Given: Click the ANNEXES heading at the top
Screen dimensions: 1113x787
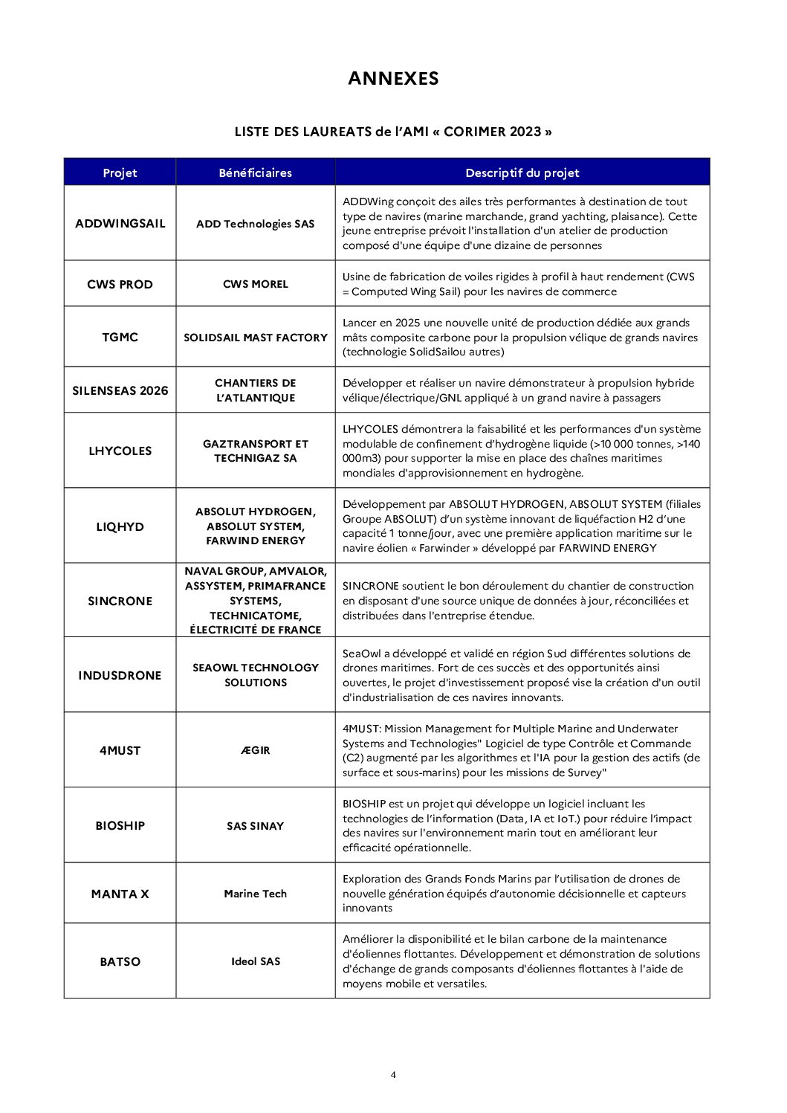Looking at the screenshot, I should click(393, 79).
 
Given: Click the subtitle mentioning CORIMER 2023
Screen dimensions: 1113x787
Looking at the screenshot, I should click(393, 132).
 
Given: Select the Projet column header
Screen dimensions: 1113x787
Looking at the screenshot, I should click(120, 172).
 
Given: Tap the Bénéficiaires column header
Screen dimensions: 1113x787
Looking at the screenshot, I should click(255, 172).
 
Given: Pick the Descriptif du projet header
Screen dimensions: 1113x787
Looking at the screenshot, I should click(522, 172).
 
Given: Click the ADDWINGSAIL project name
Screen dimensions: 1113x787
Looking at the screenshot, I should click(120, 223).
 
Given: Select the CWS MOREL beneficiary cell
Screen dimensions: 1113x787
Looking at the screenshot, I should click(255, 284).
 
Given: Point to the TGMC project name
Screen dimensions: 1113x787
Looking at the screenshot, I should click(120, 337).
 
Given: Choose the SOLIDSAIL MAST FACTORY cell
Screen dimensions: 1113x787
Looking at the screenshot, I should click(255, 338).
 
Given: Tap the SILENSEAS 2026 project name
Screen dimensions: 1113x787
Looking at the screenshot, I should click(120, 390).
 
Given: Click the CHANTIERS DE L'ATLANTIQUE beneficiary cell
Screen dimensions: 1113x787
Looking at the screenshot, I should click(255, 390).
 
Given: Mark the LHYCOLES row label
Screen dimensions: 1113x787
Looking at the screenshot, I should click(120, 451).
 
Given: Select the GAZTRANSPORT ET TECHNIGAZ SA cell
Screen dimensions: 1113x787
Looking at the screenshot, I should click(255, 451).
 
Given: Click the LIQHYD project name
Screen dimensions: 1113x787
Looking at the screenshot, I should click(120, 526).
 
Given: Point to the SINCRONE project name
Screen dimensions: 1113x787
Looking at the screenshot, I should click(120, 601).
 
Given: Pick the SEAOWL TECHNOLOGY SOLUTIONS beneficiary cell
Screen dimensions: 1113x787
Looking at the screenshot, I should click(255, 675).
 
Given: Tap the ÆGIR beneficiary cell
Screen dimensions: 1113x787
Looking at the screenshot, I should click(255, 750).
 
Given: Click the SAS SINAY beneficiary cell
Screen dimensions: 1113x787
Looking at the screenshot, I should click(255, 826).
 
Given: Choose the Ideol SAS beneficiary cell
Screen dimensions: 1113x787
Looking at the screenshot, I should click(255, 961).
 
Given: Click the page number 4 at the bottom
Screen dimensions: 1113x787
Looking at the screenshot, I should click(393, 1074).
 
